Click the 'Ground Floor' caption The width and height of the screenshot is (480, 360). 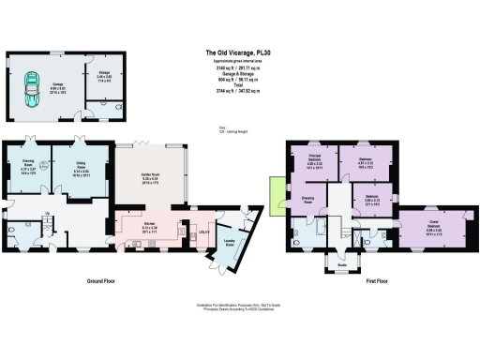[x=107, y=281]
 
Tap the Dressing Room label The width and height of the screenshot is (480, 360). [x=307, y=201]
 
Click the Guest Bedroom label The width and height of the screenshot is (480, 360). [x=432, y=225]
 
